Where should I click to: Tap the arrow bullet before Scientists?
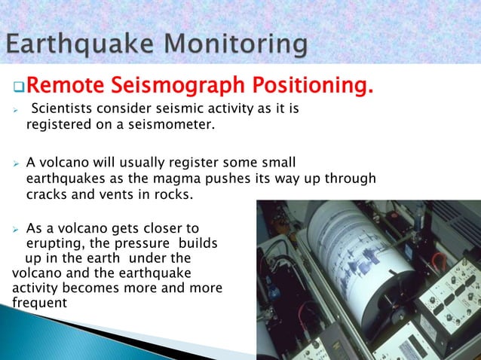[x=16, y=111]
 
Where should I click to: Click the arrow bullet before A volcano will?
[x=16, y=162]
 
